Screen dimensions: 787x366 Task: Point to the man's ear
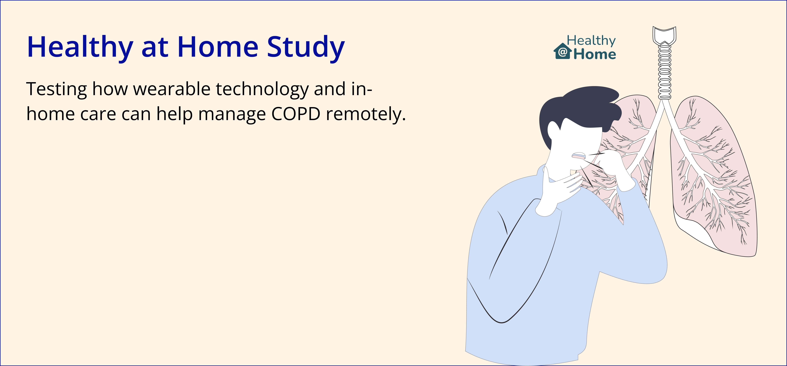point(553,131)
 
